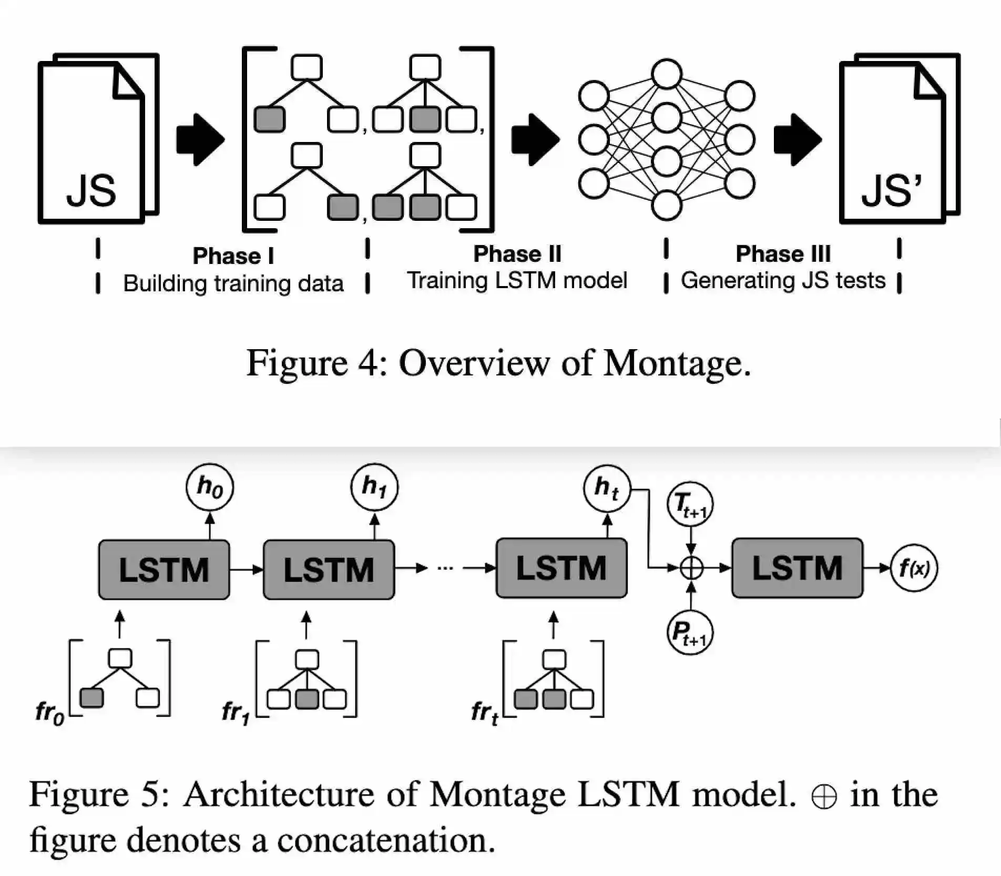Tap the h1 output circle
click(374, 487)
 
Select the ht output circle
click(607, 488)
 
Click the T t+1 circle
click(690, 505)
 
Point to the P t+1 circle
click(690, 632)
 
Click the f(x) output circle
click(914, 568)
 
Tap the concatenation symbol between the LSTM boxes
click(691, 568)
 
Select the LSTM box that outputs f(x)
click(797, 568)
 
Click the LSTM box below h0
click(164, 569)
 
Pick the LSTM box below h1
click(329, 569)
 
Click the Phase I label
click(233, 256)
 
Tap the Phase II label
click(517, 254)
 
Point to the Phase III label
click(783, 254)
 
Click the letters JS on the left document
click(91, 191)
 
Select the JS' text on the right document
click(892, 190)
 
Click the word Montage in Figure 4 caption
click(677, 363)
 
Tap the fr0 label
click(49, 712)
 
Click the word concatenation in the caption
click(386, 840)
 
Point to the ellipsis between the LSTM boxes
click(445, 568)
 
